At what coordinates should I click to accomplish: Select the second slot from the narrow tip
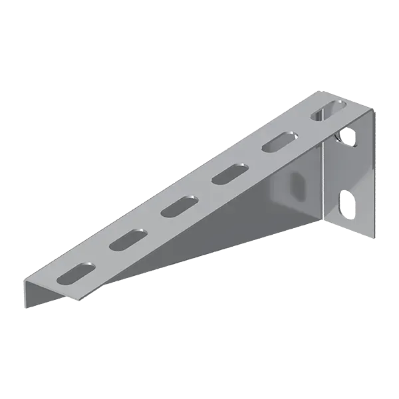(x=127, y=240)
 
